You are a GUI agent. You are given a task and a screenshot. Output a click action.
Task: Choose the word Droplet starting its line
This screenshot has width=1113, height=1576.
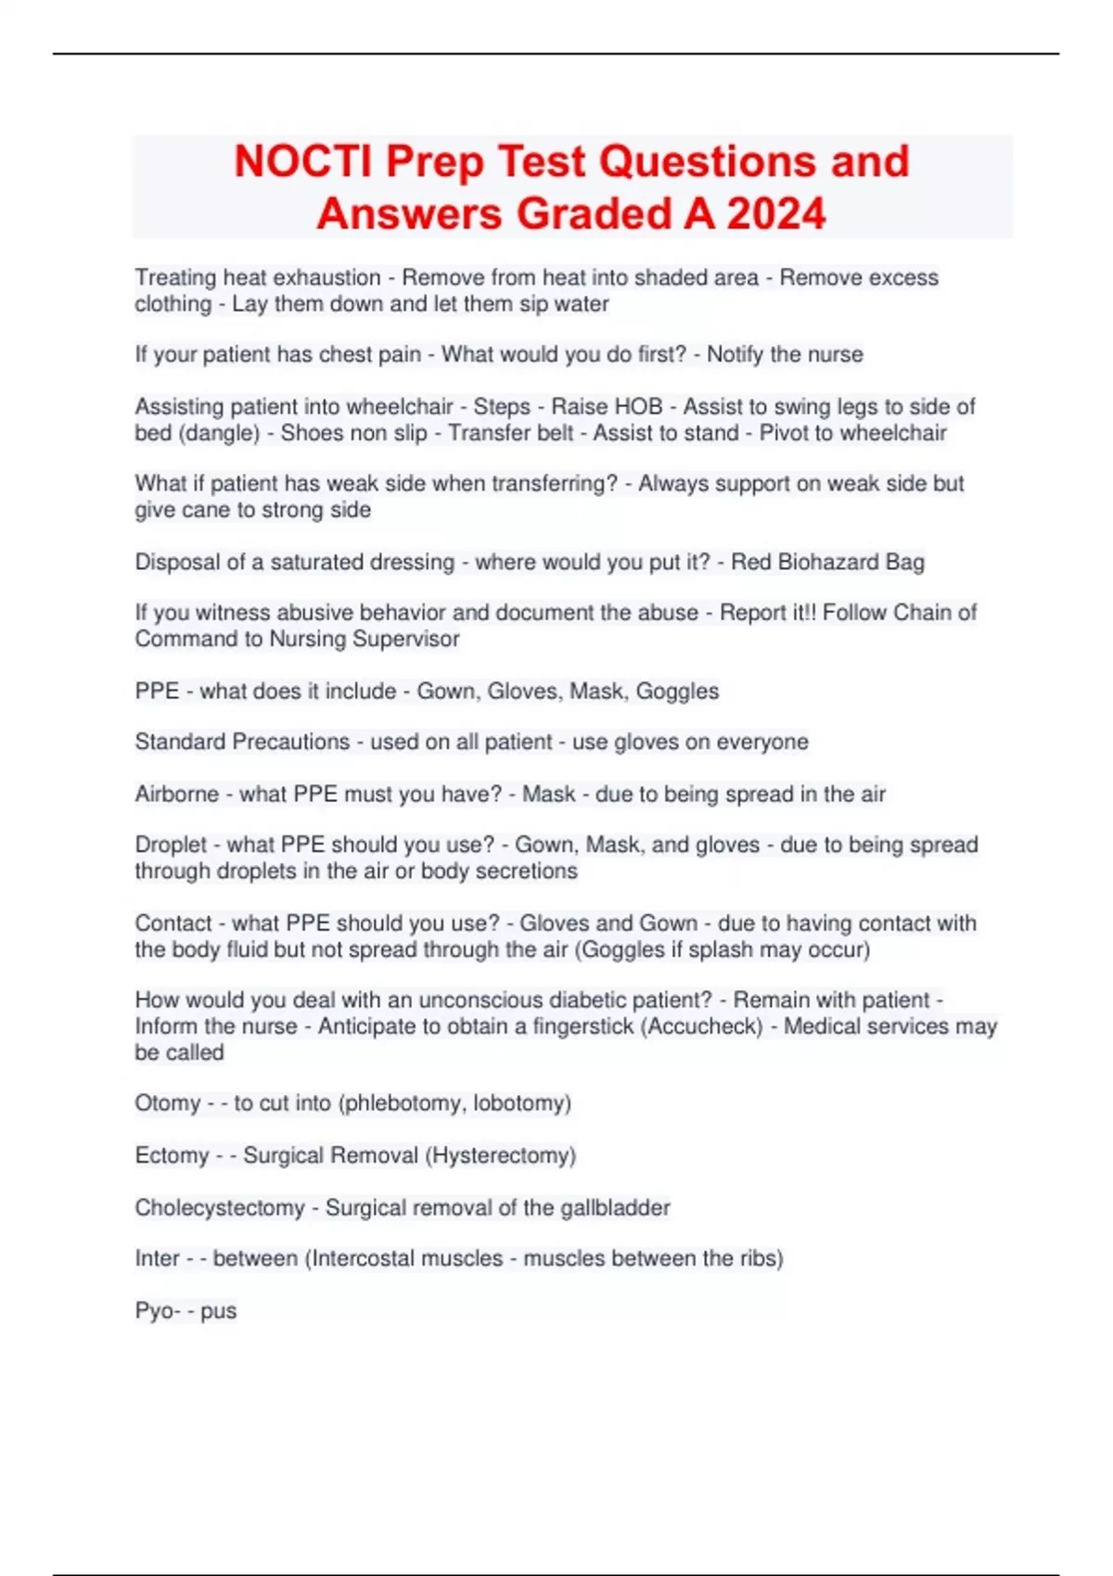tap(171, 845)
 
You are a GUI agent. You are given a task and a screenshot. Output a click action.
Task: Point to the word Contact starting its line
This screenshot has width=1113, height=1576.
tap(173, 923)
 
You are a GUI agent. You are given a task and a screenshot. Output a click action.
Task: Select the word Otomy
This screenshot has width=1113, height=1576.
tap(167, 1103)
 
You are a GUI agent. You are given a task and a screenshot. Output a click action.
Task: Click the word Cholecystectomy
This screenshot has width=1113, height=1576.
tap(220, 1208)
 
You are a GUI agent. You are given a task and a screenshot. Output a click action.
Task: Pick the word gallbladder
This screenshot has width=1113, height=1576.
tap(615, 1208)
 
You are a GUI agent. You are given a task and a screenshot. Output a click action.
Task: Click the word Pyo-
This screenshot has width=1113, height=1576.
tap(157, 1311)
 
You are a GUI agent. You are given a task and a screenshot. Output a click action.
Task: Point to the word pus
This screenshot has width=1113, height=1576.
tap(219, 1311)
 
